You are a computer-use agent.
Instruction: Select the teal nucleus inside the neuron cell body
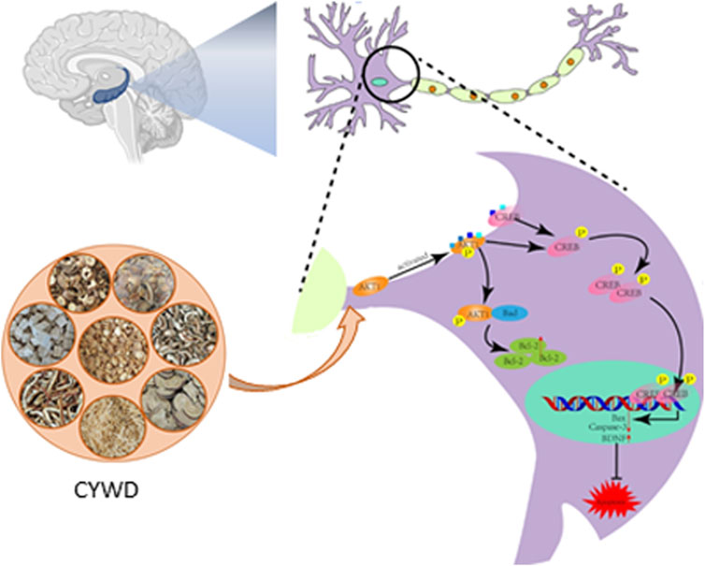point(381,82)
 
